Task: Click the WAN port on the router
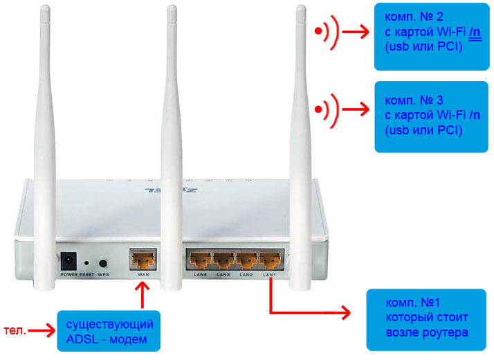143,260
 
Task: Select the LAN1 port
270,260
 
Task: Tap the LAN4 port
199,260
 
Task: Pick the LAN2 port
247,260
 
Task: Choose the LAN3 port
223,260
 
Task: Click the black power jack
68,261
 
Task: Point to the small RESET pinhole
86,262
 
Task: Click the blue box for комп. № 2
431,37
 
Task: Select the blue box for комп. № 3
431,117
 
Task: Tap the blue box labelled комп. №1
426,320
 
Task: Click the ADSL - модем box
109,331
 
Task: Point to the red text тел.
15,330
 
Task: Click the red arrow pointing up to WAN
143,295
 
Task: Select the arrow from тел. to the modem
42,331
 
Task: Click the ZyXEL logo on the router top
171,190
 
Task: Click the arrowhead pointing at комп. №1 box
345,313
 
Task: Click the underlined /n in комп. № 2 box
475,34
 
